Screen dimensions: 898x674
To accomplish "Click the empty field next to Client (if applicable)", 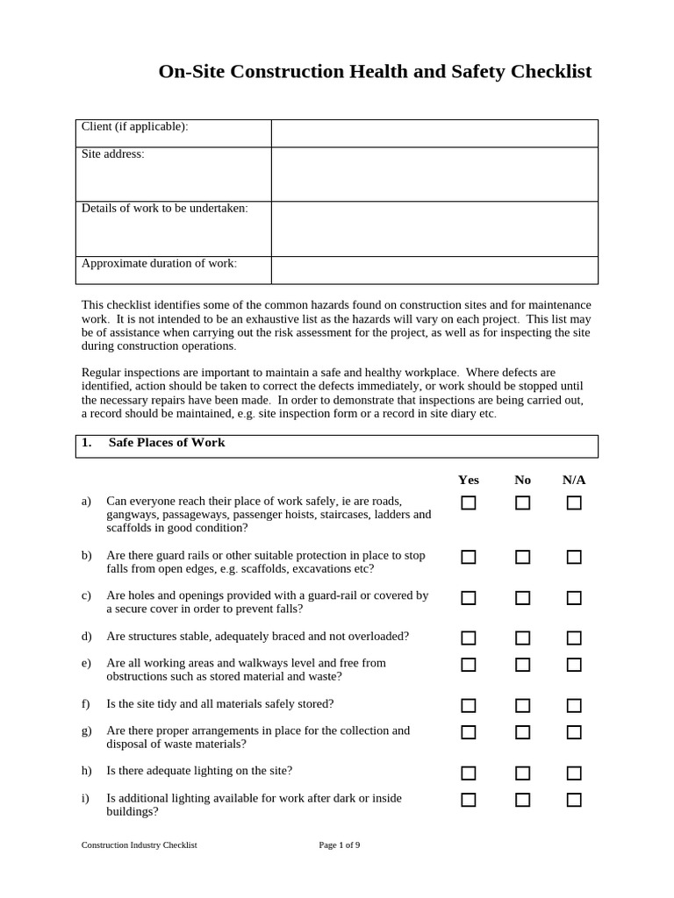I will pyautogui.click(x=434, y=133).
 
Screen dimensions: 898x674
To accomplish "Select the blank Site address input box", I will pyautogui.click(x=434, y=175).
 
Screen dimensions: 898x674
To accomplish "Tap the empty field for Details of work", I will pyautogui.click(x=434, y=229).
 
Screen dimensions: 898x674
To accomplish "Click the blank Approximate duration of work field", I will pyautogui.click(x=434, y=270).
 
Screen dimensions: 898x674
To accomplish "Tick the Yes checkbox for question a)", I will pyautogui.click(x=469, y=502).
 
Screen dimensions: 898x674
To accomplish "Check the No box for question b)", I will pyautogui.click(x=522, y=557).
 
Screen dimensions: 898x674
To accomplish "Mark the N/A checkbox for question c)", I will pyautogui.click(x=574, y=598).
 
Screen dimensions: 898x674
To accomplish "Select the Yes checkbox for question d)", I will pyautogui.click(x=469, y=638).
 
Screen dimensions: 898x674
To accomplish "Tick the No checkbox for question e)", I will pyautogui.click(x=522, y=665).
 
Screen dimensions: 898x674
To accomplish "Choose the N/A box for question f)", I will pyautogui.click(x=574, y=705).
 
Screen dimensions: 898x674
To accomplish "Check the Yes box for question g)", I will pyautogui.click(x=469, y=732).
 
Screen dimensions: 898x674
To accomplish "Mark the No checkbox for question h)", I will pyautogui.click(x=522, y=773).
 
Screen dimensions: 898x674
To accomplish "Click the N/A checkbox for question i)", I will pyautogui.click(x=574, y=800).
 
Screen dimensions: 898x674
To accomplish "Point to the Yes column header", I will pyautogui.click(x=469, y=480).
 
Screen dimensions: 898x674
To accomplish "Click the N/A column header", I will pyautogui.click(x=574, y=480).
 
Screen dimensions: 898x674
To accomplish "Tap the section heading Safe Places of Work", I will pyautogui.click(x=166, y=443).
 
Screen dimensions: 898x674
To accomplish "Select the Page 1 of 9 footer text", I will pyautogui.click(x=340, y=845).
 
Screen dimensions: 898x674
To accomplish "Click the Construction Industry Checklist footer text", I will pyautogui.click(x=139, y=845).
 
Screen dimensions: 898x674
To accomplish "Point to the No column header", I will pyautogui.click(x=522, y=480).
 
